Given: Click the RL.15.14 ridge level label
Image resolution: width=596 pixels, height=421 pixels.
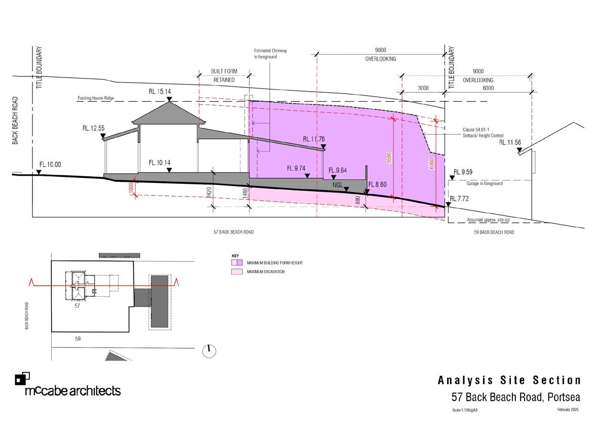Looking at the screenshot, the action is [160, 92].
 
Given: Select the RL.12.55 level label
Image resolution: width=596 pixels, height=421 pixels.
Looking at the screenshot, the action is [94, 129].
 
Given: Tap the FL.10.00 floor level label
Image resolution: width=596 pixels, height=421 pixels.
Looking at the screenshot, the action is [50, 165].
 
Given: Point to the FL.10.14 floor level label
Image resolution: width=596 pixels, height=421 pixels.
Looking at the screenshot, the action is [160, 163].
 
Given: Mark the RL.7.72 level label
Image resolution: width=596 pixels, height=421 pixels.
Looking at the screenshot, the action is [460, 198].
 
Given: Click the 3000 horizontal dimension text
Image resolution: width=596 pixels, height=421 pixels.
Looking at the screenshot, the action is [423, 88].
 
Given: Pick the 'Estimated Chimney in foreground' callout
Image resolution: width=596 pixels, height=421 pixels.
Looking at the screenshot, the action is [266, 54].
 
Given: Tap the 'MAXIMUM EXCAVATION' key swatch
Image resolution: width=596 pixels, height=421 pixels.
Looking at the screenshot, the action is [237, 272].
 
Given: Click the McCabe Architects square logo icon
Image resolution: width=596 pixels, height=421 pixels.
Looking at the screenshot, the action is [22, 378].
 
